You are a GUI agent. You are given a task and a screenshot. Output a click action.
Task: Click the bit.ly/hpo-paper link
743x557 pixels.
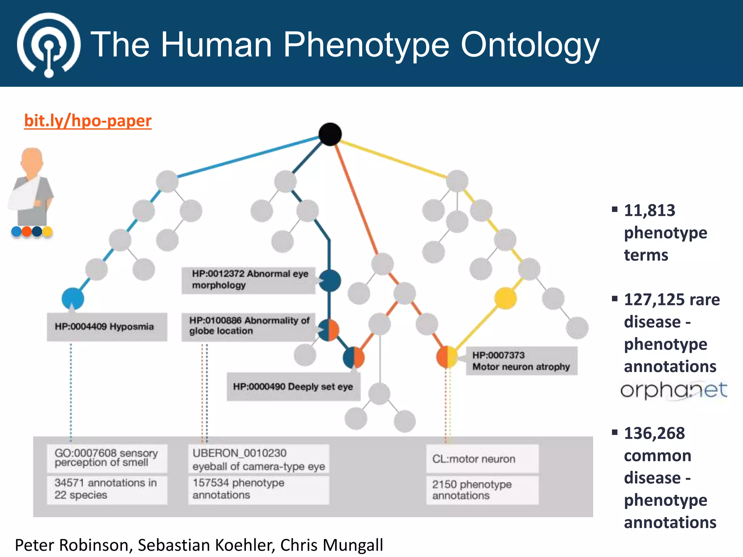tap(88, 121)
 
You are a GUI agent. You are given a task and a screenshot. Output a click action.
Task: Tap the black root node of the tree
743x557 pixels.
tap(330, 134)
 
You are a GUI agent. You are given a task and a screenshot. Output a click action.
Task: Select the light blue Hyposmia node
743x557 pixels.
tap(73, 298)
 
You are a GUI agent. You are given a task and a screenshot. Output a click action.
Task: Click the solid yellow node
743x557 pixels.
tap(505, 298)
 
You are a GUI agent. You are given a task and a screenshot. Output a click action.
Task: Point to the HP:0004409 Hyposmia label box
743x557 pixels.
tap(107, 327)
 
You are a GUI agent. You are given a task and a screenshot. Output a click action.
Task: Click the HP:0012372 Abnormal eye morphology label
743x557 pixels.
tap(249, 280)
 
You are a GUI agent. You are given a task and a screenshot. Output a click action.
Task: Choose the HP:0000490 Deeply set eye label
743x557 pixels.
tap(293, 387)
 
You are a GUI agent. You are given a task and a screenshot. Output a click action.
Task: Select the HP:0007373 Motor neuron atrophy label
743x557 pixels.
tap(521, 361)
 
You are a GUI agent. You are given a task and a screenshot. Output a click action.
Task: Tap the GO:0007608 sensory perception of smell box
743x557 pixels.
tap(107, 458)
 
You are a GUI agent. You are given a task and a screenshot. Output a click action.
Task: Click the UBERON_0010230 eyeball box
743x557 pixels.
tap(258, 459)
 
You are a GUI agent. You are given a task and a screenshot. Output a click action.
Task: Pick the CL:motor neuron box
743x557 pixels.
tap(482, 459)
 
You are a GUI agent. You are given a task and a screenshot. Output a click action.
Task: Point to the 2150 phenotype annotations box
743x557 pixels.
tap(482, 490)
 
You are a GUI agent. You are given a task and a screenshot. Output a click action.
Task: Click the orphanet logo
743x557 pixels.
tap(673, 390)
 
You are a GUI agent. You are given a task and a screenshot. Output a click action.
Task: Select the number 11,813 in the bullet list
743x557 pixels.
tap(649, 210)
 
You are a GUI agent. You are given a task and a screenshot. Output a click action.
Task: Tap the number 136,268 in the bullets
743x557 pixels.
tap(654, 433)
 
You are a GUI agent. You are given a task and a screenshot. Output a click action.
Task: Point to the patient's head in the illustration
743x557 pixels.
tap(32, 160)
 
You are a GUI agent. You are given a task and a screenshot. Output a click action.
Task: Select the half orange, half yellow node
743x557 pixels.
tap(447, 357)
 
